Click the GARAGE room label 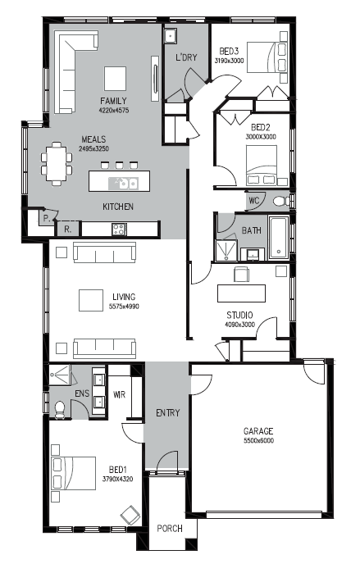point(258,431)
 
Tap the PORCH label point(170,529)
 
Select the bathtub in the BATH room point(279,238)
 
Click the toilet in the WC point(281,201)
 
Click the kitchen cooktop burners point(119,230)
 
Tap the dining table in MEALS point(57,164)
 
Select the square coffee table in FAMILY point(115,78)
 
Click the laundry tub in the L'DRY point(171,36)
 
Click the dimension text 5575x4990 point(124,307)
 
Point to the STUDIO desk point(241,293)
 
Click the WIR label point(119,394)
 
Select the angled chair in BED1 point(130,515)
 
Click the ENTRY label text point(168,413)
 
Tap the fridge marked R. point(67,230)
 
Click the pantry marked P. point(47,218)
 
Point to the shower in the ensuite point(58,374)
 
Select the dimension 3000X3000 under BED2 point(261,137)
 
